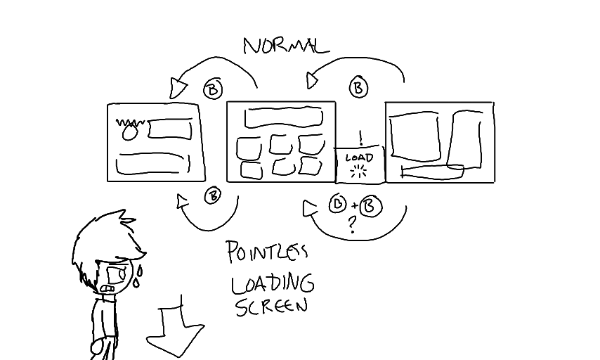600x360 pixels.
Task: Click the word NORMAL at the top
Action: click(285, 46)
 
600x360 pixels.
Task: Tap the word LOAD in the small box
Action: click(359, 157)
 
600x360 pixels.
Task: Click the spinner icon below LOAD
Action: click(359, 172)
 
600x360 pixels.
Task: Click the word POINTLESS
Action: click(267, 252)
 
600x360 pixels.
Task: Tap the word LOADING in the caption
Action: click(273, 283)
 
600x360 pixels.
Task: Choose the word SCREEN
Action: click(271, 307)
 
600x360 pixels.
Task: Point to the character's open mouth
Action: click(108, 288)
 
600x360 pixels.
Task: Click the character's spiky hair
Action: click(105, 236)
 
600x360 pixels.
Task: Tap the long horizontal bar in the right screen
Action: click(431, 169)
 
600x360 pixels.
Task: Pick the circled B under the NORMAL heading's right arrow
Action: click(358, 88)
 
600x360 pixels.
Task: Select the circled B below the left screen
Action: click(212, 196)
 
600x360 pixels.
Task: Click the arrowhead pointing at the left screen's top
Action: click(178, 88)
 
